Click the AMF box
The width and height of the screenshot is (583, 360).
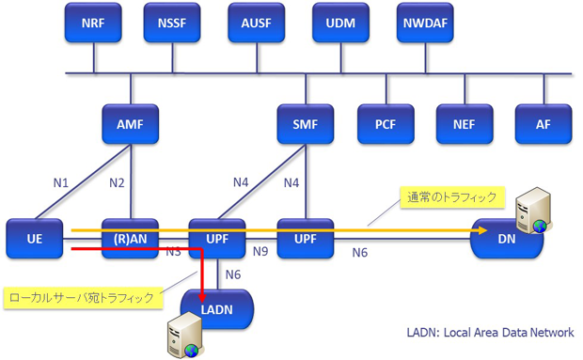[130, 124]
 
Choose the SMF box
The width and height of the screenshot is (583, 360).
[305, 124]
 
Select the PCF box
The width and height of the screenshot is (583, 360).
[386, 124]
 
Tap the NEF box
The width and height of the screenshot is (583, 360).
[465, 124]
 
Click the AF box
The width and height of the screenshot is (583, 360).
[543, 124]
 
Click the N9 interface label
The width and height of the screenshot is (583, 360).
[261, 252]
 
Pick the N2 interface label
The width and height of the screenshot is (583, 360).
[117, 182]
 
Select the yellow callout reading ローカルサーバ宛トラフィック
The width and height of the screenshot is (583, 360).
[82, 297]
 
